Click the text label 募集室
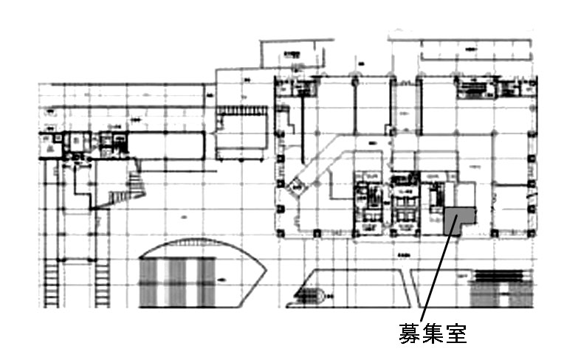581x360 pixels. click(x=433, y=334)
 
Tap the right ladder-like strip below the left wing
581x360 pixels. click(x=101, y=284)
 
